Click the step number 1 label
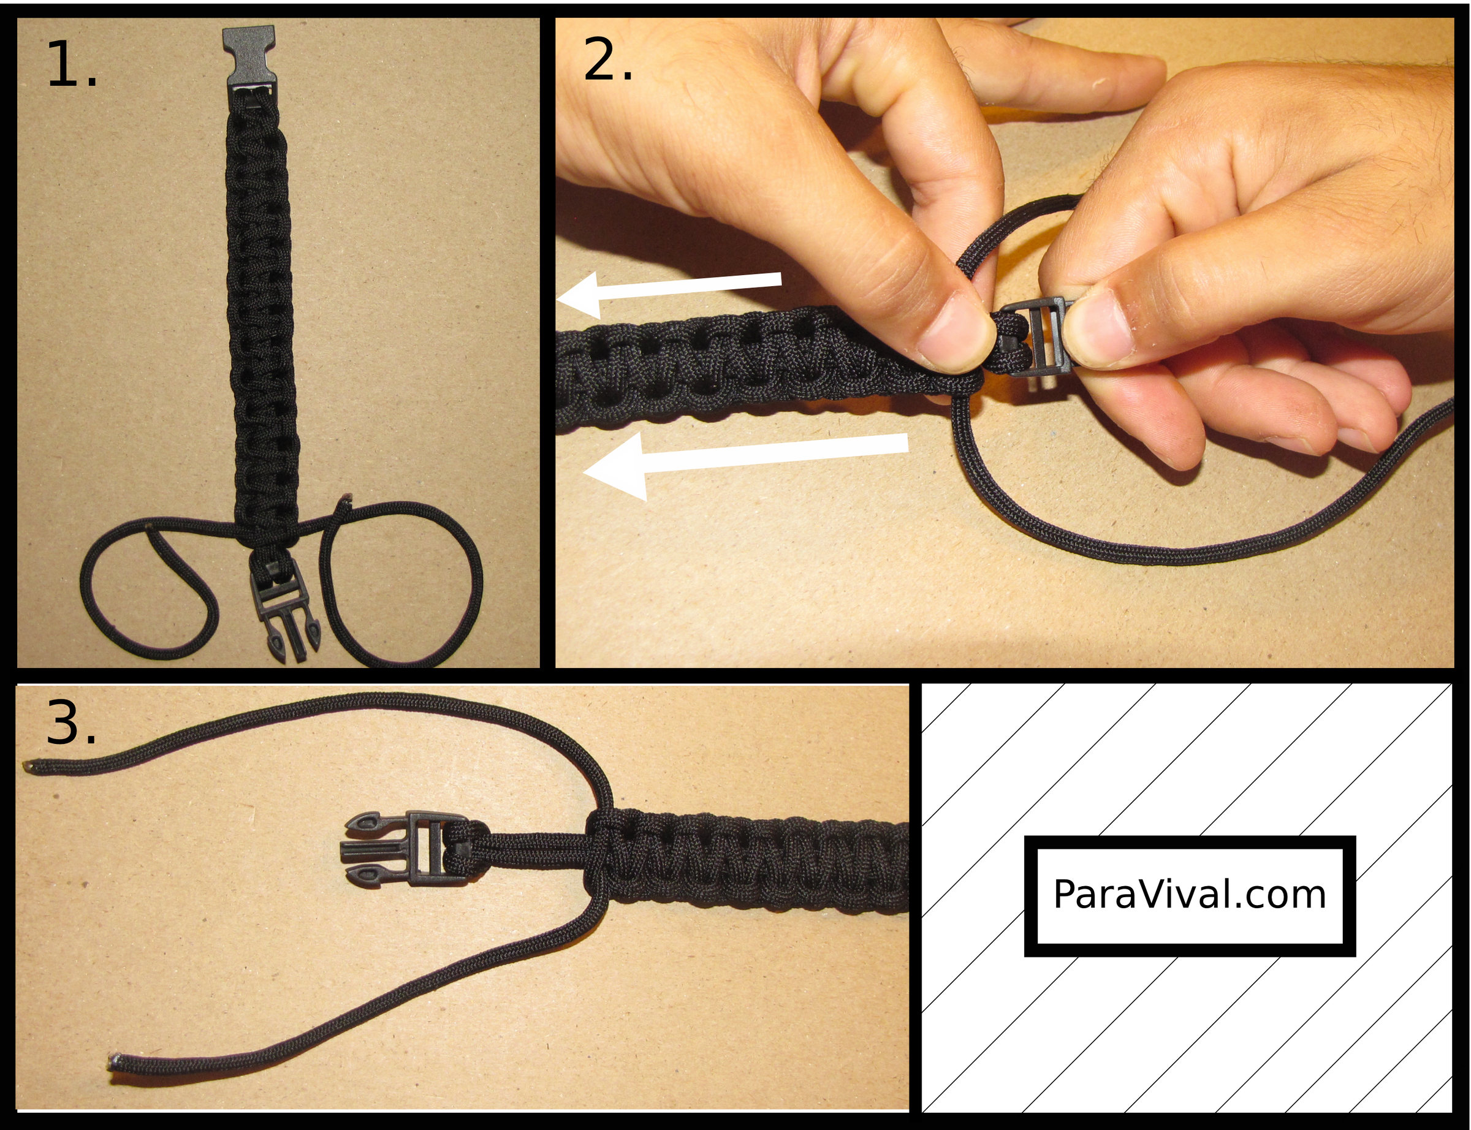(72, 64)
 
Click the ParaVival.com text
(1189, 895)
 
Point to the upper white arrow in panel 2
(669, 294)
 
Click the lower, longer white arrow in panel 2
(745, 460)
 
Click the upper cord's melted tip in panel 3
(30, 765)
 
